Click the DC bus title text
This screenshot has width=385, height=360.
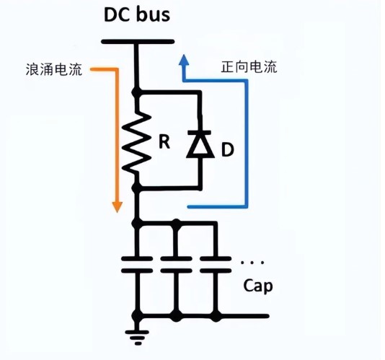137,14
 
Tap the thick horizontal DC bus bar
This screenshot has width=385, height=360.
138,42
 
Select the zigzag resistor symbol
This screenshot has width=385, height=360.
136,143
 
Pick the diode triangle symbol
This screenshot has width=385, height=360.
200,146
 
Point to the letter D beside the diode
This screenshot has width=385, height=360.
227,149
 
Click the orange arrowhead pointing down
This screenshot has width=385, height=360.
117,207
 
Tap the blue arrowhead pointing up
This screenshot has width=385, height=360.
184,60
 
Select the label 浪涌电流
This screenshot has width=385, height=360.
54,69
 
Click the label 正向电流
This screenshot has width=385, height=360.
249,66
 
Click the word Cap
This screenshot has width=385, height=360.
258,286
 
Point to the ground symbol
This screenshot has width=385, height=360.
137,338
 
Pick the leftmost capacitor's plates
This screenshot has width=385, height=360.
137,265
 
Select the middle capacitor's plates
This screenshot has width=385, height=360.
176,265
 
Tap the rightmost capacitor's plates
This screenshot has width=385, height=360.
216,265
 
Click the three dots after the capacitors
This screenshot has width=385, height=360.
252,263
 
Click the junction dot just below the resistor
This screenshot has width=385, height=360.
136,188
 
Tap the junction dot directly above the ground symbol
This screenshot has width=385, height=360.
137,316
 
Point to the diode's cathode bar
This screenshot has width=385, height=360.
199,133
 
